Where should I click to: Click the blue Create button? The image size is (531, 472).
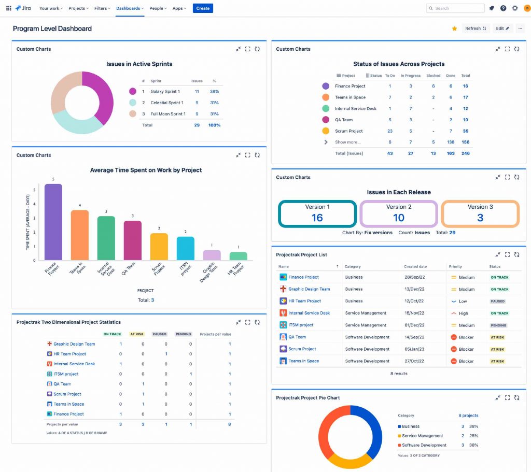point(203,8)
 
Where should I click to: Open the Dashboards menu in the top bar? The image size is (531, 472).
point(130,8)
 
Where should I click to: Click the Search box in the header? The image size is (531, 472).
point(455,8)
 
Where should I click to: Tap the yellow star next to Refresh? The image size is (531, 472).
point(455,28)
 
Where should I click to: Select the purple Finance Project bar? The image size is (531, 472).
point(53,222)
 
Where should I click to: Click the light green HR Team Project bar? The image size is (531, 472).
point(238,256)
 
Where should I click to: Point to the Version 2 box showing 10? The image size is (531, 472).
point(399,213)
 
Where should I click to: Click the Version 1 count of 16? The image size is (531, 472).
point(317,218)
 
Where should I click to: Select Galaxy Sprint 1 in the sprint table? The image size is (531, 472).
point(165,92)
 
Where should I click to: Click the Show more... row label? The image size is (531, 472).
point(347,142)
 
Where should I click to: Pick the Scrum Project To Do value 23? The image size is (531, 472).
point(390,131)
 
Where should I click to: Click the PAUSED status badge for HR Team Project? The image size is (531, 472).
point(497,302)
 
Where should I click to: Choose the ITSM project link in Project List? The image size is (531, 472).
point(301,325)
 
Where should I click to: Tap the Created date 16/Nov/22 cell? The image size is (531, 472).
point(415,313)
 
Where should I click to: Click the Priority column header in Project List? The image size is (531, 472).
point(455,267)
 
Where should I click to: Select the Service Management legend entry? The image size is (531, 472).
point(422,436)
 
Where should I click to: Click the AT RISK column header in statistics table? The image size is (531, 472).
point(136,334)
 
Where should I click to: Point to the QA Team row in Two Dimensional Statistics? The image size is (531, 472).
point(62,384)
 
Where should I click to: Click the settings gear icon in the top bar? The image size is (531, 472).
point(515,8)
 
